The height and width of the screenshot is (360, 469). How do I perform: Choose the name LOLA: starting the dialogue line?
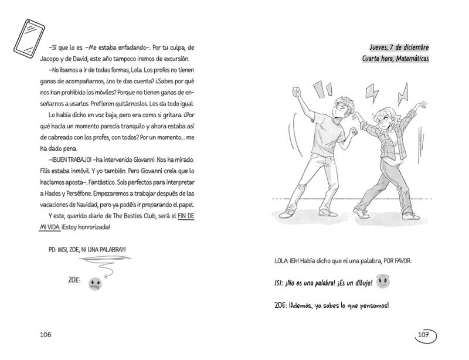click(283, 259)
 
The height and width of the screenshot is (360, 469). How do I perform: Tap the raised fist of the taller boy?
click(297, 91)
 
